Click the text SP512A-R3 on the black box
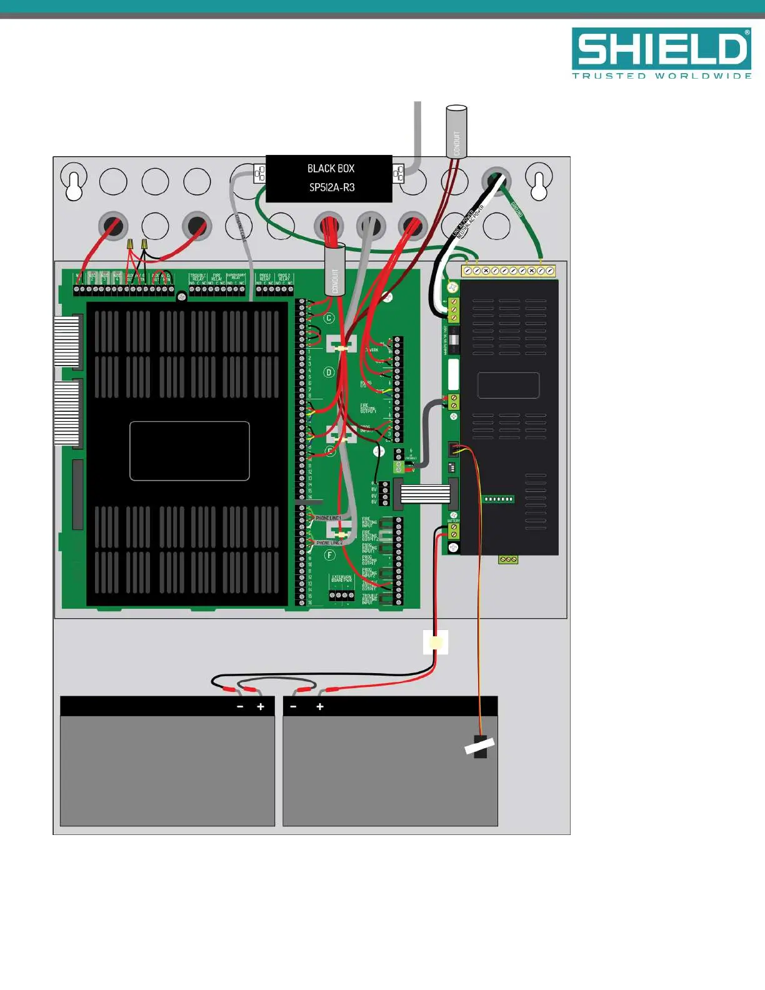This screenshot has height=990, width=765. click(332, 187)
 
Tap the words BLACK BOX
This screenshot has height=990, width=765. click(331, 169)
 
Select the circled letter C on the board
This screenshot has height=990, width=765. click(329, 318)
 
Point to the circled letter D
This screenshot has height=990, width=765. click(329, 372)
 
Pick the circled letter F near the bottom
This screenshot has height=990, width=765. click(329, 555)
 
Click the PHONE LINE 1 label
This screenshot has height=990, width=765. click(328, 518)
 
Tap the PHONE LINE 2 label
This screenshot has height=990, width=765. click(329, 542)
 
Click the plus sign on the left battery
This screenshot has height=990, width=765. click(261, 707)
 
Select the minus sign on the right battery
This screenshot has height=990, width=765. click(293, 707)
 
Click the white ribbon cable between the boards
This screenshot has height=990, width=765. click(425, 494)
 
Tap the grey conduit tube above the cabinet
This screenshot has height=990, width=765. click(456, 132)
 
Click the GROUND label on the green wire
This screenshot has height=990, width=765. click(517, 209)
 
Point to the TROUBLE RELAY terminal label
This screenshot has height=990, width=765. click(198, 277)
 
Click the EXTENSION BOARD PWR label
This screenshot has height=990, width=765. click(342, 579)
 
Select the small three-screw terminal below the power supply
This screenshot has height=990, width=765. click(508, 559)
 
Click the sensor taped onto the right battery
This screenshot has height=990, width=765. click(479, 746)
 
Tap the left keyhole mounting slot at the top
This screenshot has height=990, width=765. click(74, 182)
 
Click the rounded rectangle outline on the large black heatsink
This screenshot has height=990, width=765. click(189, 451)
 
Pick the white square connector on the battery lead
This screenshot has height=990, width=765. click(436, 642)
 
